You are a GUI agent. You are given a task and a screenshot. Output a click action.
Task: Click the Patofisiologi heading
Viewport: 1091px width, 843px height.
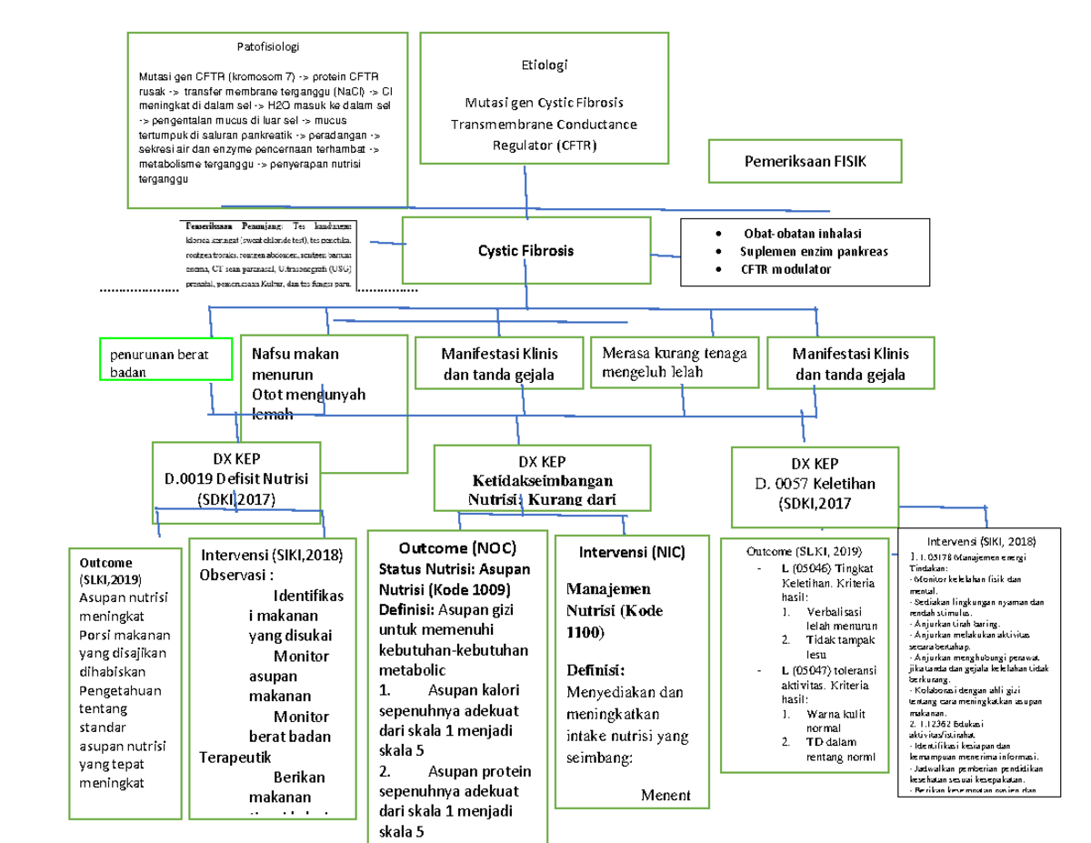click(x=267, y=47)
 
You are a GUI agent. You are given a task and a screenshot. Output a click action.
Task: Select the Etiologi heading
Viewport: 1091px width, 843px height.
click(x=543, y=65)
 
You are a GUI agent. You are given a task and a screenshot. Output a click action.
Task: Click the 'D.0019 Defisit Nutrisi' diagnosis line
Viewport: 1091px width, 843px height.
click(x=236, y=479)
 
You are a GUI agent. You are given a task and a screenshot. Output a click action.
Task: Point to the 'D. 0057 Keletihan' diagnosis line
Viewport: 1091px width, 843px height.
click(x=816, y=483)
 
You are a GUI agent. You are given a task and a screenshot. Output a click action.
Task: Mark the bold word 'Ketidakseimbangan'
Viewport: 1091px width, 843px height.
click(x=542, y=481)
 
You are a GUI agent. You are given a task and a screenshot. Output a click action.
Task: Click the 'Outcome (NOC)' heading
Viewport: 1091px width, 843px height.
click(x=457, y=548)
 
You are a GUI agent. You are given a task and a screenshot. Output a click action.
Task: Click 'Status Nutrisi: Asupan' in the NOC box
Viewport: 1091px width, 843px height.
click(x=456, y=568)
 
